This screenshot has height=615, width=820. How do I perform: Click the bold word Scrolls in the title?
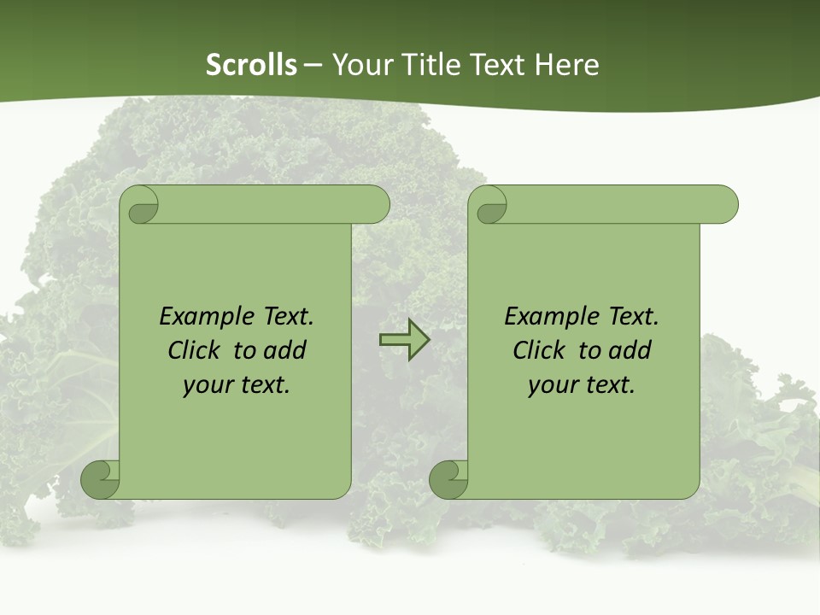(251, 65)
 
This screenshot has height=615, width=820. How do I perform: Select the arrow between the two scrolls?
(404, 340)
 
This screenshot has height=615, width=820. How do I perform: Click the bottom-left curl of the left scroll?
(101, 479)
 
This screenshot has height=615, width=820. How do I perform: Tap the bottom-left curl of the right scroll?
(449, 479)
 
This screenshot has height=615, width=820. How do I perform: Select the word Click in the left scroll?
(195, 351)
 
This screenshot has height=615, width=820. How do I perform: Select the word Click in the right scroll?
(540, 351)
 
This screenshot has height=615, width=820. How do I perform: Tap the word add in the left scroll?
(286, 351)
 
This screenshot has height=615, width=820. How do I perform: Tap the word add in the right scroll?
(631, 351)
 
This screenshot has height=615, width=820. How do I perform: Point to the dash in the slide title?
(313, 65)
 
